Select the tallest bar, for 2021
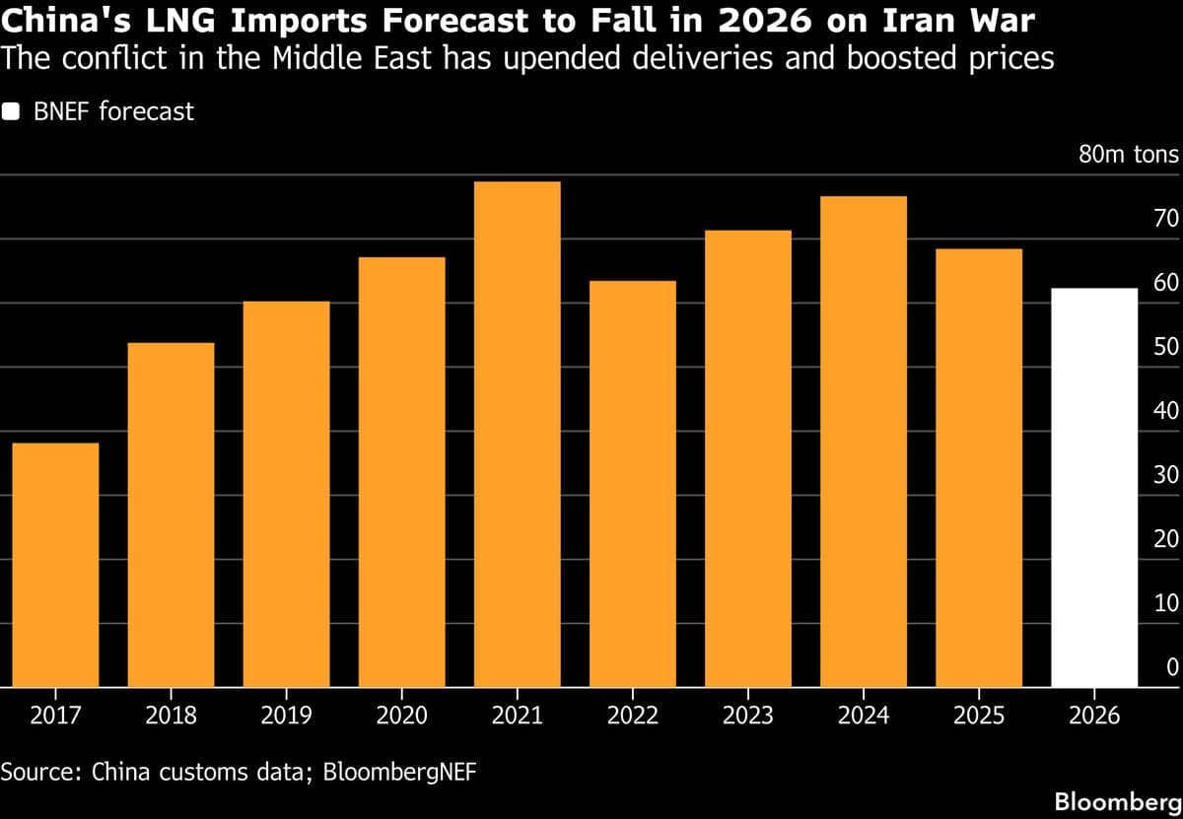pos(517,435)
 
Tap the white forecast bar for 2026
pos(1094,488)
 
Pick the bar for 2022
pos(632,484)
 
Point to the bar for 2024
pos(863,442)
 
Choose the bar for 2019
pos(286,494)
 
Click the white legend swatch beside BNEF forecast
pos(11,111)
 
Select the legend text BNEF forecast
pos(113,111)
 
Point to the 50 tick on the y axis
pos(1165,347)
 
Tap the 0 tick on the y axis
pos(1172,667)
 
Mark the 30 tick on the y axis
pos(1165,475)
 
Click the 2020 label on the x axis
pos(401,715)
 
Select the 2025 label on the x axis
pos(978,715)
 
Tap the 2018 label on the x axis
pos(171,715)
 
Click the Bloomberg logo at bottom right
pos(1117,801)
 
